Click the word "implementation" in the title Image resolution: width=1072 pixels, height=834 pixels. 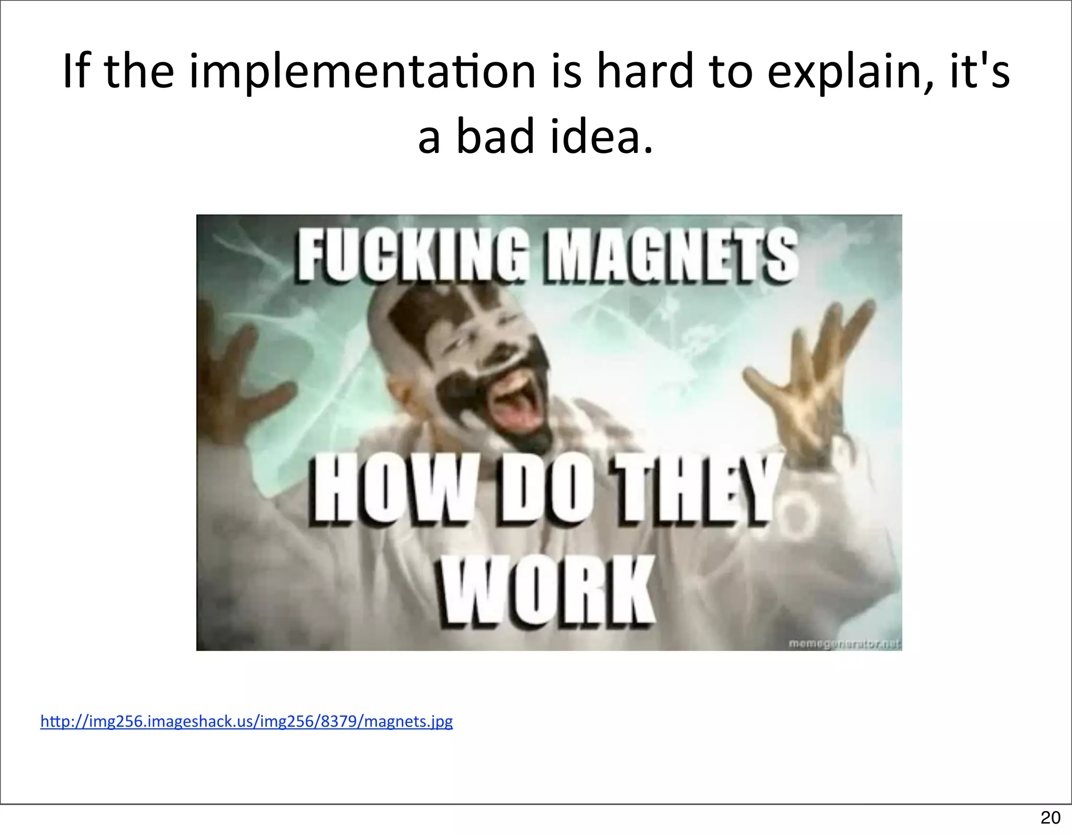tap(362, 72)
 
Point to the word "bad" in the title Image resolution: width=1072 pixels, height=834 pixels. tap(495, 137)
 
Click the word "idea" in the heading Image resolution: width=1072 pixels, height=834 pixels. tap(602, 137)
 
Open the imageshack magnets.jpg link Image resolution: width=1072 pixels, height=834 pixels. tap(247, 721)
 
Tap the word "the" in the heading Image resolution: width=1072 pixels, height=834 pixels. tap(139, 72)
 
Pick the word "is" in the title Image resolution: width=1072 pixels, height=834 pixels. tap(566, 72)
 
